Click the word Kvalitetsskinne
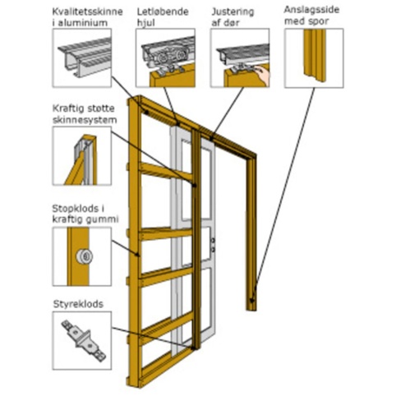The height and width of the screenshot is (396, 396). tap(87, 12)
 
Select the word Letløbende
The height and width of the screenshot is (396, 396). tap(163, 12)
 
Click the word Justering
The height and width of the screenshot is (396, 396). tap(233, 12)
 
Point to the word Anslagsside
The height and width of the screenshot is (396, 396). tap(311, 10)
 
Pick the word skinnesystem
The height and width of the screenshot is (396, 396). tap(85, 120)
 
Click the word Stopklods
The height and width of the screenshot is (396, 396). tap(76, 209)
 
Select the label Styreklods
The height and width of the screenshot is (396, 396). tap(78, 304)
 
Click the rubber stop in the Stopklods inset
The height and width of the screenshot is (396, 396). tap(85, 256)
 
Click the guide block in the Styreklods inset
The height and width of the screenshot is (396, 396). tap(83, 340)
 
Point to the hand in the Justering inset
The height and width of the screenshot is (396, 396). tap(262, 75)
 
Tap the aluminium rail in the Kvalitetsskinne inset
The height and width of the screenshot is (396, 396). tap(85, 58)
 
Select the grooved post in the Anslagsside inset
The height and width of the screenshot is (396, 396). tap(315, 55)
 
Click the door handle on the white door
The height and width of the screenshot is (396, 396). tap(213, 245)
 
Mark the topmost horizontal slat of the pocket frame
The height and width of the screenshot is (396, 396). tap(166, 172)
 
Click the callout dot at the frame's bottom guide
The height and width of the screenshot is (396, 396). tap(194, 348)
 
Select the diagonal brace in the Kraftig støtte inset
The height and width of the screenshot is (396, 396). tap(76, 170)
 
